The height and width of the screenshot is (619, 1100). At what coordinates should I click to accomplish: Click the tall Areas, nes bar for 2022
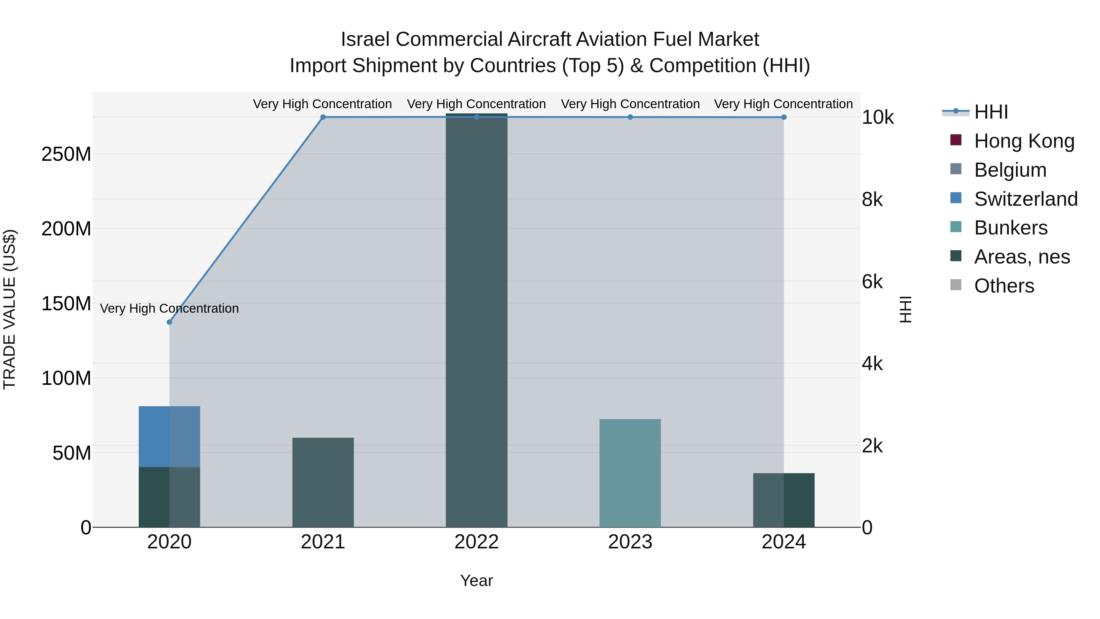[477, 320]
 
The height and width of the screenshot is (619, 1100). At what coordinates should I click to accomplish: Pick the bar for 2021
[323, 482]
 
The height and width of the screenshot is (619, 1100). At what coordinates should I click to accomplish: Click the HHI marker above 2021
[323, 117]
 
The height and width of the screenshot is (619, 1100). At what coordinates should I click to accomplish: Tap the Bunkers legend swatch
[956, 227]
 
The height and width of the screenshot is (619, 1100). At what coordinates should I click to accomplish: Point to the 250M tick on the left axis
[66, 154]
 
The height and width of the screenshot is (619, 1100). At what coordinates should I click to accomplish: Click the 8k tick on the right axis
[872, 200]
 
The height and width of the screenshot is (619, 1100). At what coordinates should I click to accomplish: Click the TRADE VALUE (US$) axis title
[9, 309]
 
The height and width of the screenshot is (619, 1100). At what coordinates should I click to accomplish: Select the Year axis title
[477, 580]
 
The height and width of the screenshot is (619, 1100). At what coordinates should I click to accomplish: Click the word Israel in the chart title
[365, 39]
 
